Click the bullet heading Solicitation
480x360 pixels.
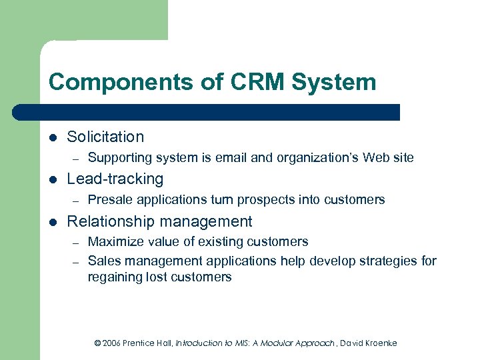click(x=105, y=137)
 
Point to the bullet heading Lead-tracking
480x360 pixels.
click(x=115, y=179)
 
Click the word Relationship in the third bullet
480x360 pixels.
click(x=110, y=221)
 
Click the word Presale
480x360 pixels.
click(x=109, y=199)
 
